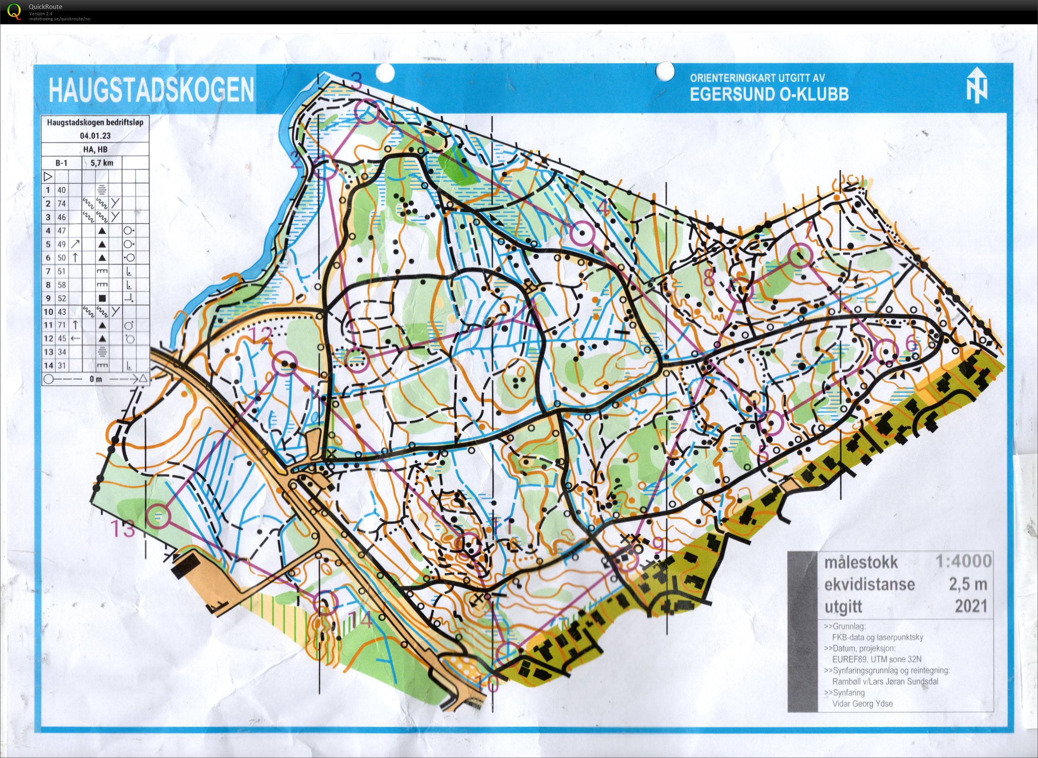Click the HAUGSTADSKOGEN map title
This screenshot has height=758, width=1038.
tap(152, 89)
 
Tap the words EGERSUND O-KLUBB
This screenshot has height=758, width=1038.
tap(769, 94)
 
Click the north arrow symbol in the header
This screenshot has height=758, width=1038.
tap(977, 86)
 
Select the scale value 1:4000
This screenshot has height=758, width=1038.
tap(963, 561)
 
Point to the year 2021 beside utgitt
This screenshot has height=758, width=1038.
tap(971, 606)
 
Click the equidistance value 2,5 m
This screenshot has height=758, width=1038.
tap(968, 584)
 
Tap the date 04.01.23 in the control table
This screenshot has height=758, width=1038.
tap(95, 136)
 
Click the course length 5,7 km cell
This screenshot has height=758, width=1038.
tap(102, 163)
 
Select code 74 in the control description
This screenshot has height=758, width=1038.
tap(61, 204)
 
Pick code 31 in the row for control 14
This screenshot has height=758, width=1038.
tap(61, 366)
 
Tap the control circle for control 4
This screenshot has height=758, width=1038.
tap(582, 232)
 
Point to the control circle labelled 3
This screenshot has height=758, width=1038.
tap(365, 111)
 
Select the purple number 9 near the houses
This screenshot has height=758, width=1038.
tap(658, 545)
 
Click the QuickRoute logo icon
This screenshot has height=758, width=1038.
tap(14, 11)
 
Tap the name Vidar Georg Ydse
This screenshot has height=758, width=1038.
tap(862, 704)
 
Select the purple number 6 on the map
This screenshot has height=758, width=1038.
tap(911, 344)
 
